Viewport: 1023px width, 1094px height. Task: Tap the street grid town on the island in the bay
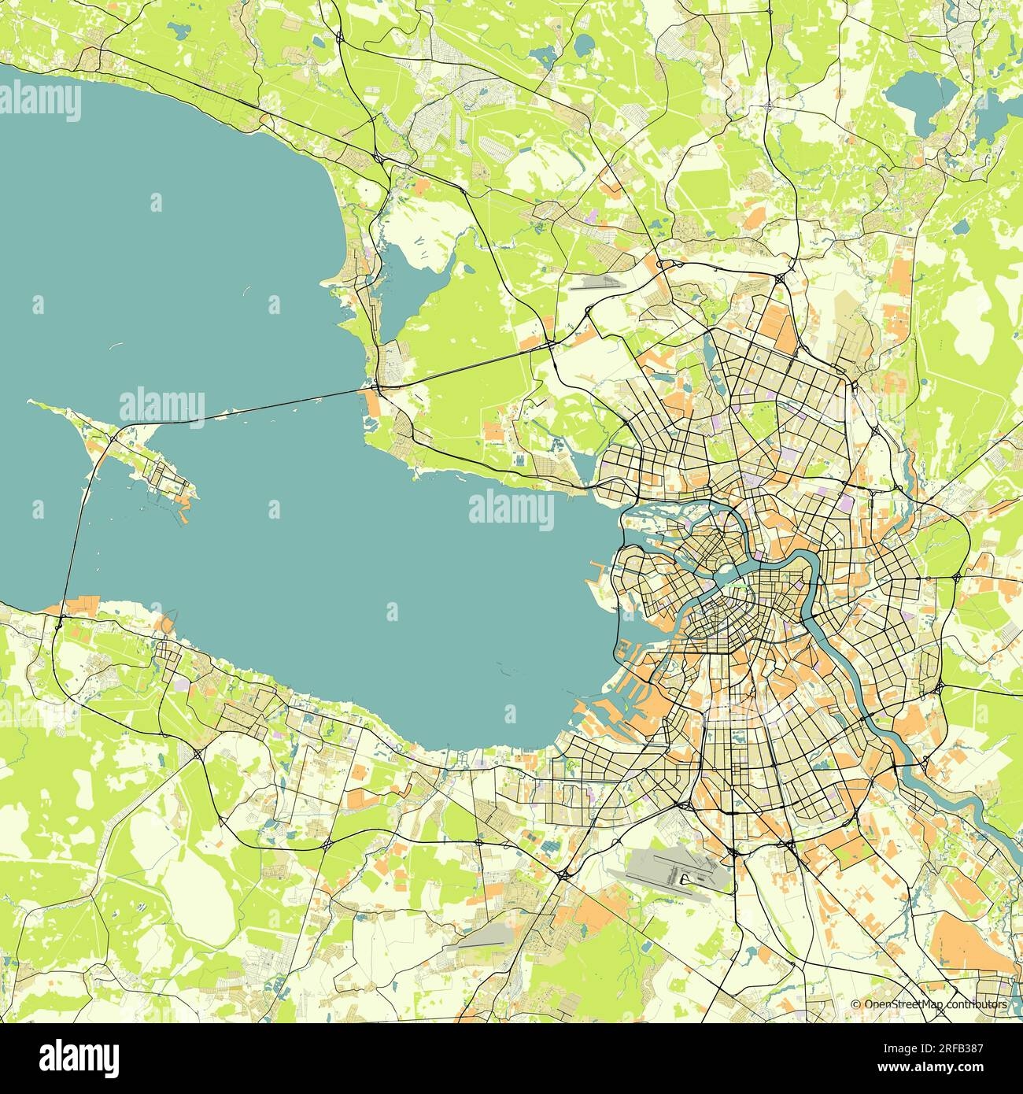[167, 477]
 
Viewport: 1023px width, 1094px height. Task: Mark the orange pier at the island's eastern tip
[186, 518]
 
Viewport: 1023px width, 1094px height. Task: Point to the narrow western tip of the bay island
[35, 403]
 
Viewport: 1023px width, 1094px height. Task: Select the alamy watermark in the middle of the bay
[511, 508]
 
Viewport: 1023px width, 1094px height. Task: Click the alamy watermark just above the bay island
[162, 406]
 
